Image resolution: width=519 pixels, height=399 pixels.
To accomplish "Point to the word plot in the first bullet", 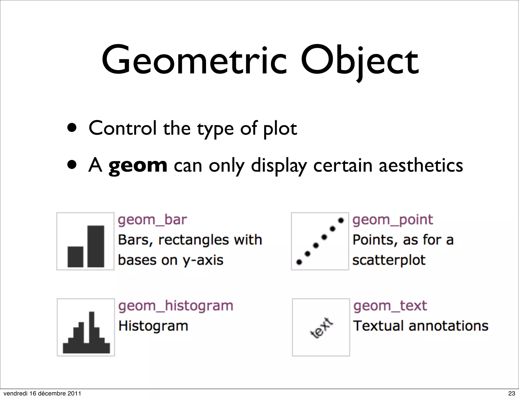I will point(280,128).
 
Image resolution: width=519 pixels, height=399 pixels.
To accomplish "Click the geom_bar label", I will point(152,220).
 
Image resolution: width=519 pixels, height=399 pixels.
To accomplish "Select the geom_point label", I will point(393,220).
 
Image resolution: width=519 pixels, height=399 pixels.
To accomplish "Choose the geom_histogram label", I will point(176,306).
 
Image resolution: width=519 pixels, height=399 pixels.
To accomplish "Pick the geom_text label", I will point(390,306).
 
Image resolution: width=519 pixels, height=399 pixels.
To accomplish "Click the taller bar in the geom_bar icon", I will point(96,246).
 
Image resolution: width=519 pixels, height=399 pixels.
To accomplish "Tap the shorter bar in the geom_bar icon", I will point(75,256).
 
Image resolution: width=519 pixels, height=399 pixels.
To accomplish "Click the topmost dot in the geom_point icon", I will point(341,221).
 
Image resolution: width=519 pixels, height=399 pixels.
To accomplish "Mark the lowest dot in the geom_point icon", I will point(299,262).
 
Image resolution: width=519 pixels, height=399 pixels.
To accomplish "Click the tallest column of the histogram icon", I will point(92,329).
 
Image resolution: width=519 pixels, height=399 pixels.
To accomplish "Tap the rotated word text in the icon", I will point(321,328).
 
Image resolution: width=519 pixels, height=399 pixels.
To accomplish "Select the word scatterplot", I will point(389,260).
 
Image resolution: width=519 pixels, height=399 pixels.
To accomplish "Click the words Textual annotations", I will point(421,326).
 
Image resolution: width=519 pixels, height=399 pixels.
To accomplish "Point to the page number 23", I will point(512,393).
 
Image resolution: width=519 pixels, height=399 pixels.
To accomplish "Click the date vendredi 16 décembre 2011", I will point(42,393).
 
